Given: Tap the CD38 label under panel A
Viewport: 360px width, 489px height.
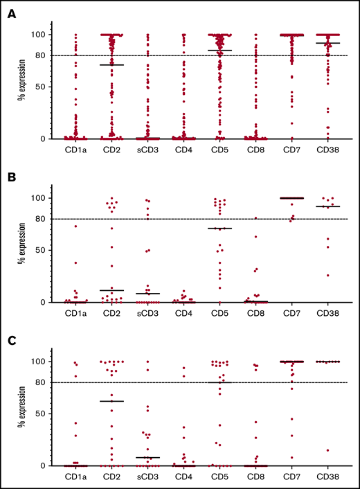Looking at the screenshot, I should point(327,149).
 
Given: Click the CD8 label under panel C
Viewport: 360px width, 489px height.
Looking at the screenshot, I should point(255,476).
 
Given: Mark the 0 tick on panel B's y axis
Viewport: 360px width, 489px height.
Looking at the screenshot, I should point(44,302).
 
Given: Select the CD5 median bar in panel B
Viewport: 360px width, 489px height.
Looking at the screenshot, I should point(219,228).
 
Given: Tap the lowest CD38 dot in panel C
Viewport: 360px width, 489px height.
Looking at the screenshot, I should point(327,450).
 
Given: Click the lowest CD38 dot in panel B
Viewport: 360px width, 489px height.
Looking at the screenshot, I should point(327,275).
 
